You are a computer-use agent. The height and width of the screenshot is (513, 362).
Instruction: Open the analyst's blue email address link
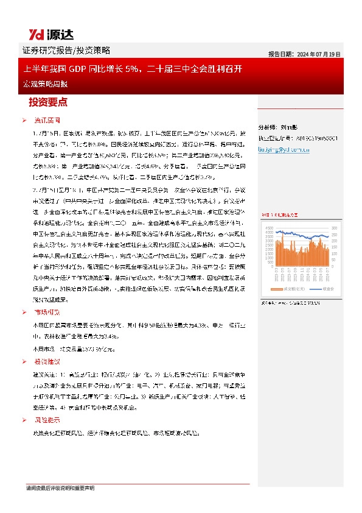285,148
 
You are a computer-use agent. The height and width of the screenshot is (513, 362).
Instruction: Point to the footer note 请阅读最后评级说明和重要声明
60,489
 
